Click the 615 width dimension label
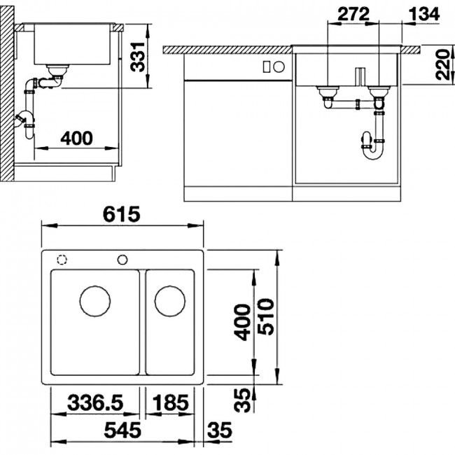(121, 214)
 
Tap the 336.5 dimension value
(95, 402)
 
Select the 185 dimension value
(170, 402)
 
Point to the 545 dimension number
(122, 430)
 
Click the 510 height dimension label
(266, 317)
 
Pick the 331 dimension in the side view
(137, 57)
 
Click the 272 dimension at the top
(353, 14)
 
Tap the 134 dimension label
(424, 14)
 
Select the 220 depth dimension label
(443, 64)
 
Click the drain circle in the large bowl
(95, 301)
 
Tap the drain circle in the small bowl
(170, 301)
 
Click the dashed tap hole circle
(62, 259)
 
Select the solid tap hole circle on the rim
(122, 260)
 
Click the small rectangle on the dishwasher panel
(267, 67)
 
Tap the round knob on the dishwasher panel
(279, 67)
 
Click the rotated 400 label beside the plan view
(242, 322)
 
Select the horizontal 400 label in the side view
(76, 138)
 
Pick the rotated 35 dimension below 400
(242, 400)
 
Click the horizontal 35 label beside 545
(220, 430)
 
